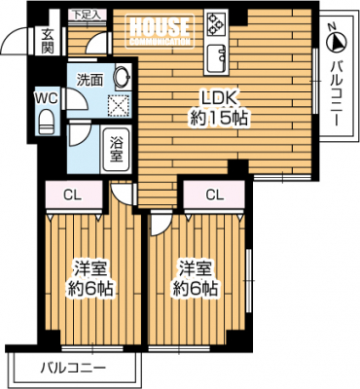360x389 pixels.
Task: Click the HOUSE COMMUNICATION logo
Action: (x=160, y=31)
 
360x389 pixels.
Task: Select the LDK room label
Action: (x=220, y=108)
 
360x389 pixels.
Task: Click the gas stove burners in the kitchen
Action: (x=216, y=22)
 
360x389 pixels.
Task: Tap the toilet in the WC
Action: (x=47, y=121)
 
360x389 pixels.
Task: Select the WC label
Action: (x=47, y=97)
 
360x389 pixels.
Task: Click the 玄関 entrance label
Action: (x=48, y=41)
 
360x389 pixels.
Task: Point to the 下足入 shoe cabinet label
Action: (x=87, y=15)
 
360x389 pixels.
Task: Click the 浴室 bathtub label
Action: (x=116, y=150)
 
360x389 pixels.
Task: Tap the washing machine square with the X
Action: (x=120, y=105)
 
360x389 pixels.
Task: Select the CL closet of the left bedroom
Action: (x=74, y=195)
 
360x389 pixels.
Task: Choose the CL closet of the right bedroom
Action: (x=214, y=194)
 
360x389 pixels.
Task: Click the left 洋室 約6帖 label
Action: (x=90, y=278)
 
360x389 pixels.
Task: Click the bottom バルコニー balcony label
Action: (x=74, y=368)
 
